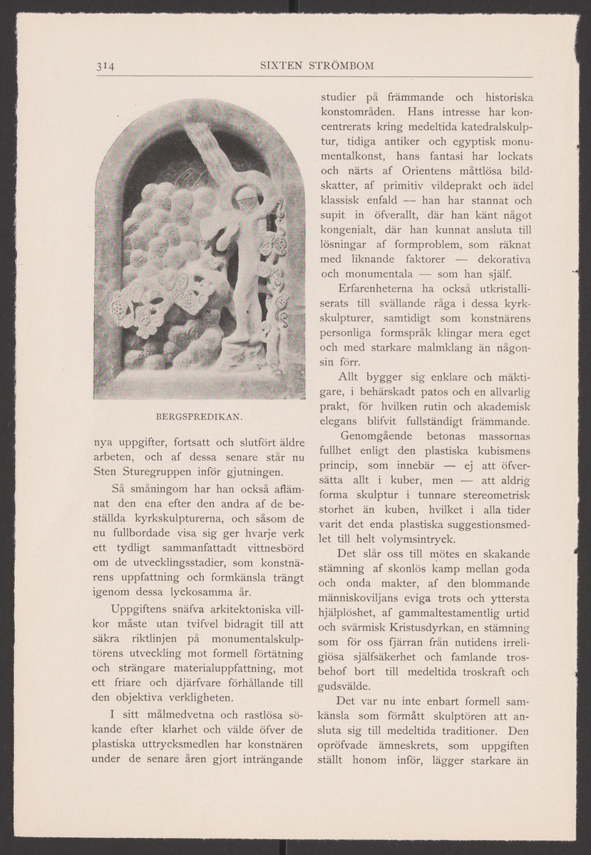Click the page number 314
pos(106,67)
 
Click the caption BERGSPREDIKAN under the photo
pos(199,414)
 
